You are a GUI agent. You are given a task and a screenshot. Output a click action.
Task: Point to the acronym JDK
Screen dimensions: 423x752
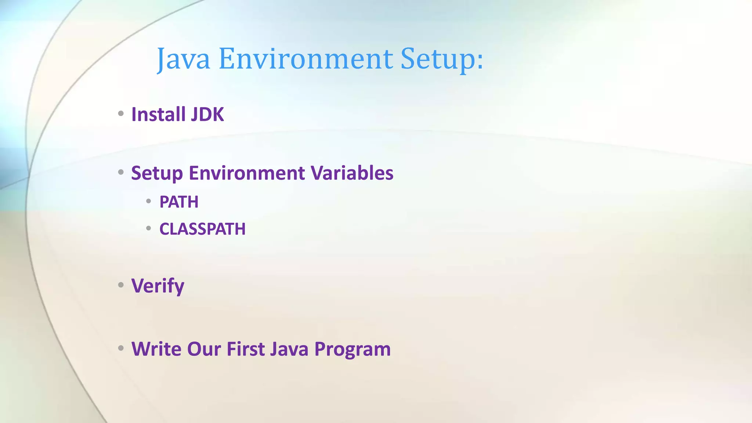pyautogui.click(x=207, y=114)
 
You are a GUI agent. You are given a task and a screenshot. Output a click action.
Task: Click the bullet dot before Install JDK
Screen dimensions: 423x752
pyautogui.click(x=121, y=113)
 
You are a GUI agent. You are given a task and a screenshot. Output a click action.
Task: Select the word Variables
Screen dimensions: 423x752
pyautogui.click(x=352, y=173)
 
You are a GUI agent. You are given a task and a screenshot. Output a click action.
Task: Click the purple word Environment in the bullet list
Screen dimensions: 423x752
pyautogui.click(x=247, y=173)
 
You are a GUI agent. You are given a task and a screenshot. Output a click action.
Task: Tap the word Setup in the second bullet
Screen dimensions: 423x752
pyautogui.click(x=157, y=173)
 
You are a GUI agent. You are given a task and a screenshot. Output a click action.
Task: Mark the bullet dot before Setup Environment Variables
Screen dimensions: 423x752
pyautogui.click(x=121, y=172)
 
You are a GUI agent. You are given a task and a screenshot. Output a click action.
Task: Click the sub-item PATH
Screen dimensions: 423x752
pyautogui.click(x=179, y=202)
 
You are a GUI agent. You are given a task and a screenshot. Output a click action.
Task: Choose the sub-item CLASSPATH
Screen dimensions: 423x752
pyautogui.click(x=202, y=229)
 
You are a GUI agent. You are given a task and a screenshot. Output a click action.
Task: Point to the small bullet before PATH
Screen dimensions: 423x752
pyautogui.click(x=148, y=201)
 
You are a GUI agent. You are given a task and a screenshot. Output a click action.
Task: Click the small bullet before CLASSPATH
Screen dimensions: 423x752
pyautogui.click(x=148, y=228)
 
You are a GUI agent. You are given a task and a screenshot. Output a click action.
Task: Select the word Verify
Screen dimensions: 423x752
pyautogui.click(x=158, y=286)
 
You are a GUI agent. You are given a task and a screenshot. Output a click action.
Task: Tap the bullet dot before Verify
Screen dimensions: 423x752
pyautogui.click(x=121, y=285)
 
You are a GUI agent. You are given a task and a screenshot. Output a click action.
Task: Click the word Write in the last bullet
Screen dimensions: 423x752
pyautogui.click(x=156, y=349)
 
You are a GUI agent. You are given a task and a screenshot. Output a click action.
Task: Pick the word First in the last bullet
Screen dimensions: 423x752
pyautogui.click(x=245, y=349)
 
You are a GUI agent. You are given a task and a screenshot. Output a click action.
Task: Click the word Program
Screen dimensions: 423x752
pyautogui.click(x=352, y=349)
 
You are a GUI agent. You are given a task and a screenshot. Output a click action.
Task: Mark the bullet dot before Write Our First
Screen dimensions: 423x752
pyautogui.click(x=121, y=348)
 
